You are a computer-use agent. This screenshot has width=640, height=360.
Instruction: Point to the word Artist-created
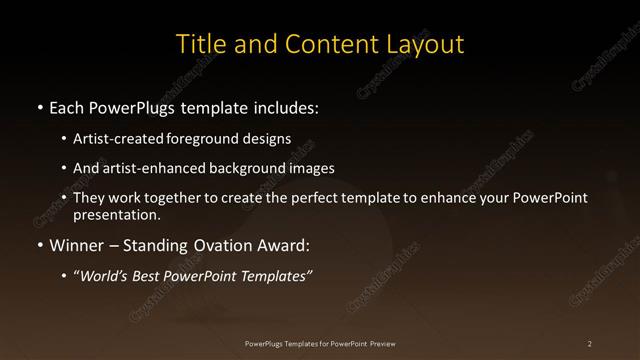(113, 139)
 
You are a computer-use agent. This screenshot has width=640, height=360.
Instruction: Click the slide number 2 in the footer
(590, 344)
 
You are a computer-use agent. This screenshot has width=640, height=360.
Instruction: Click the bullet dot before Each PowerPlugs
(39, 107)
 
